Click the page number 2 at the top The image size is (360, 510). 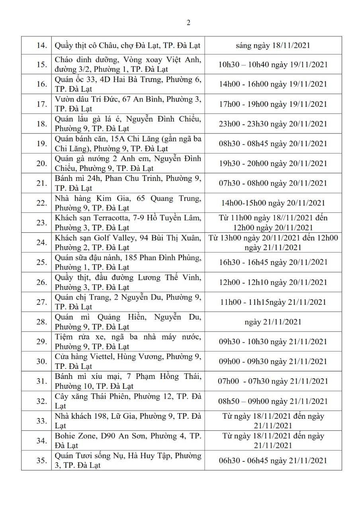pos(188,23)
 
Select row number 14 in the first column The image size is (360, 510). pos(42,45)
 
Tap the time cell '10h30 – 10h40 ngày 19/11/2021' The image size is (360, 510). pos(273,64)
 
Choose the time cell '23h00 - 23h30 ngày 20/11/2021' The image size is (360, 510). pos(273,124)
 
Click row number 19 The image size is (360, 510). pos(42,143)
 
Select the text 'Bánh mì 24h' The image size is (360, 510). pos(74,178)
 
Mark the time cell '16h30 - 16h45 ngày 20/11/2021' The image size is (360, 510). pos(273,262)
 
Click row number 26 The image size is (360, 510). pos(42,282)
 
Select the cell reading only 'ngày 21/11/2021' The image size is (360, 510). pos(273,322)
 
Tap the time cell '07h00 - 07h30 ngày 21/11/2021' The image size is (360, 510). pos(273,381)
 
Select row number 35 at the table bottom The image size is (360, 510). pos(42,460)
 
